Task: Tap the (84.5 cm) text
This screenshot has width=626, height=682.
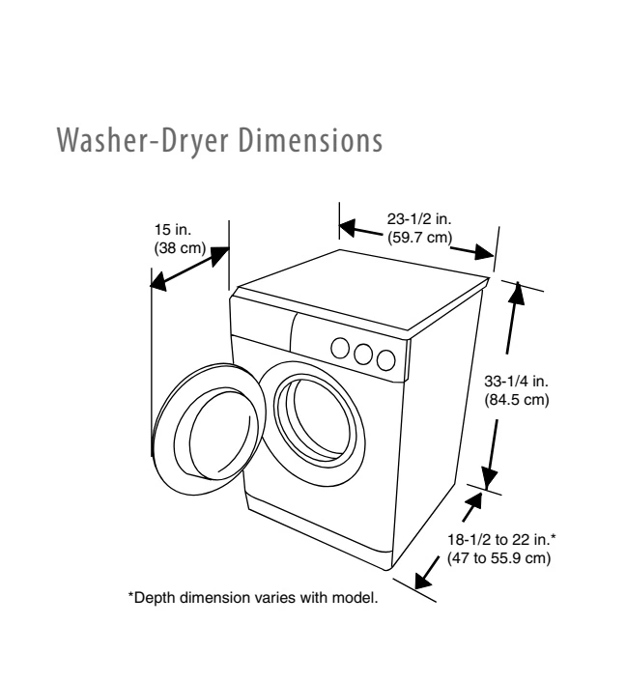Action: (517, 400)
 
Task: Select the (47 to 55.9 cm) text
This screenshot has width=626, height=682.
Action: (498, 559)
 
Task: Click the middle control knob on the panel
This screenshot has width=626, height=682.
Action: (363, 354)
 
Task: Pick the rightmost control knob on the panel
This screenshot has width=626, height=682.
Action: (386, 360)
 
